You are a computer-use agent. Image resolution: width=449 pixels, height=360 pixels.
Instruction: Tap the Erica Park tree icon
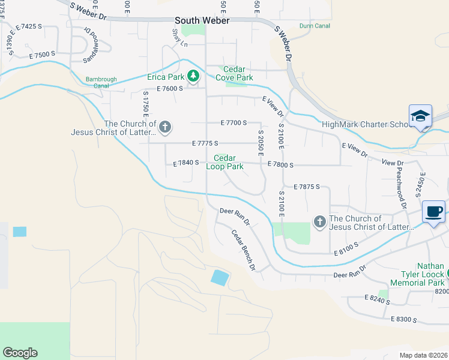(193, 76)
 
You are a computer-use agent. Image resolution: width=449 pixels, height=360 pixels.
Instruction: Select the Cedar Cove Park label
(238, 74)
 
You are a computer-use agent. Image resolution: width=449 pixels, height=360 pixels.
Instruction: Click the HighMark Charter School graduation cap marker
(420, 116)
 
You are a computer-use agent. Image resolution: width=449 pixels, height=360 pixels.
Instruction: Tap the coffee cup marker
(435, 212)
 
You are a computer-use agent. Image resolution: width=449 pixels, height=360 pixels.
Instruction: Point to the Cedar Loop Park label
(225, 162)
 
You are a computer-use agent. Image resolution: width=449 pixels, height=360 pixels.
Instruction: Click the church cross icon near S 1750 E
(165, 127)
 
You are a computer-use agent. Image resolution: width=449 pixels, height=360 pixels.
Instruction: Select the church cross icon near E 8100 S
(319, 223)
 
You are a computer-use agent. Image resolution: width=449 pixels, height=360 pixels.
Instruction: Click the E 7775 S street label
(205, 143)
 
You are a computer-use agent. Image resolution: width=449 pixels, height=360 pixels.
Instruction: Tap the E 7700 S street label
(234, 122)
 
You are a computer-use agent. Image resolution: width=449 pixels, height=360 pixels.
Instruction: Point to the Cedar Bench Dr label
(244, 250)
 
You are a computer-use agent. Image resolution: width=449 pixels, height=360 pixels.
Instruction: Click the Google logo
(20, 353)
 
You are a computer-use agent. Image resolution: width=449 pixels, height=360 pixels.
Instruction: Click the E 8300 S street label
(403, 319)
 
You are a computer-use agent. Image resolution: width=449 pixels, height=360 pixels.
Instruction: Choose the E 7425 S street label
(30, 27)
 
